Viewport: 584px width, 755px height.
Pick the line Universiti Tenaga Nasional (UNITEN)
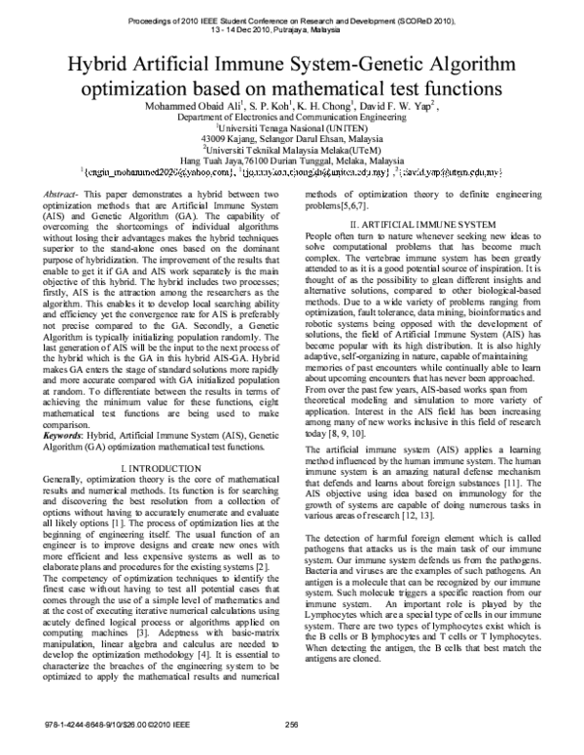tap(291, 126)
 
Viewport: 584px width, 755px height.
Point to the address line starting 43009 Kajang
tap(291, 138)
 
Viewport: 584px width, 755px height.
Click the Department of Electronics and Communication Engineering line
tap(291, 116)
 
